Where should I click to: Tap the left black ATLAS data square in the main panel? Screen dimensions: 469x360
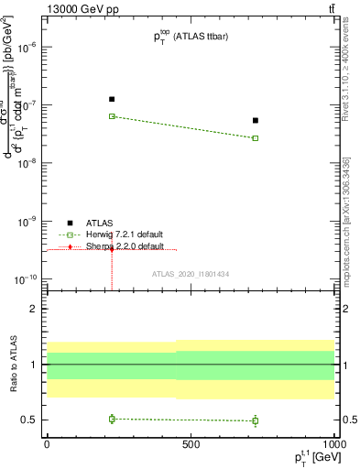click(112, 99)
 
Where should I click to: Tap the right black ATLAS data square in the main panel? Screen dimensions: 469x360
click(256, 120)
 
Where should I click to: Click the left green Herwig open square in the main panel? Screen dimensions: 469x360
click(112, 116)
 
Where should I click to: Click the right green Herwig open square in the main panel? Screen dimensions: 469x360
click(256, 138)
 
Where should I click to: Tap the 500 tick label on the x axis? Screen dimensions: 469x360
click(191, 443)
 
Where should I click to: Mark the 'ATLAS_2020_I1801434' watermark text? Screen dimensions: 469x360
click(190, 273)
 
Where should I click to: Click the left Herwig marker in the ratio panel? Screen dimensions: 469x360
click(112, 419)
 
